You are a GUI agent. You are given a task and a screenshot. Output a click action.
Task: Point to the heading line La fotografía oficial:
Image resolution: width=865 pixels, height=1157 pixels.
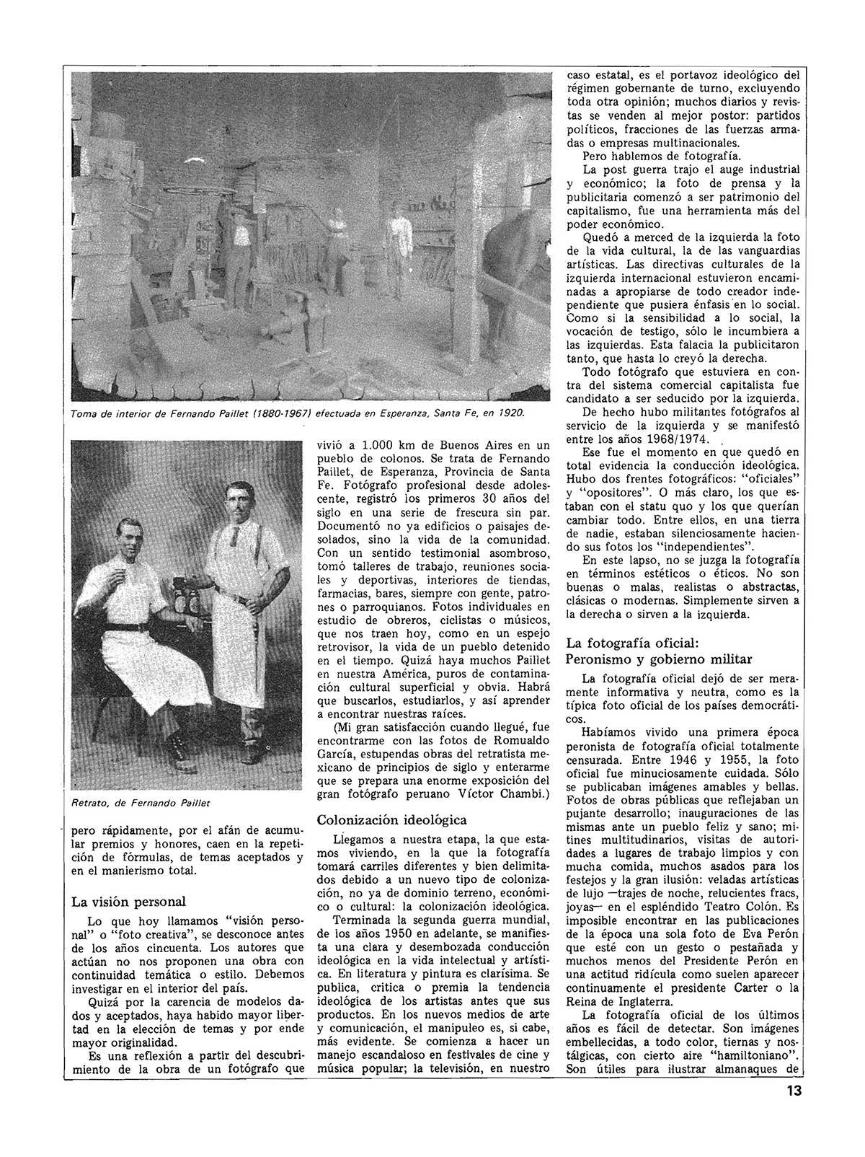632,642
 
